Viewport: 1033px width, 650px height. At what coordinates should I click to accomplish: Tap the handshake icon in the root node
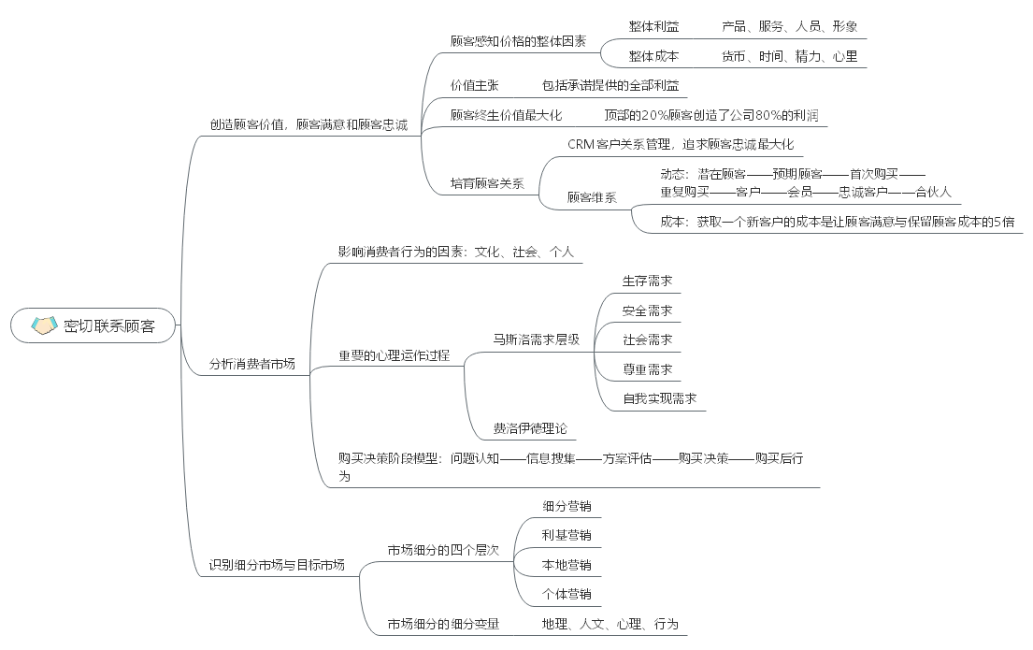[44, 325]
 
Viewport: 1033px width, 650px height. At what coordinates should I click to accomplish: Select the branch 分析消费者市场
[251, 364]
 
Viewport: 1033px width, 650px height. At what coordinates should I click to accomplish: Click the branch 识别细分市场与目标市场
[276, 564]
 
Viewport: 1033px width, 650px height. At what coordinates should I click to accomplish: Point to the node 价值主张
[474, 85]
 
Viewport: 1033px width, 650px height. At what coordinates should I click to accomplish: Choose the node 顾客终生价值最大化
[506, 115]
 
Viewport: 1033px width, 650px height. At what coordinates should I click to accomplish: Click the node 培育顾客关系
[487, 183]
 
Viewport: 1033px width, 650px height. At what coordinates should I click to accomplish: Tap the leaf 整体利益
[653, 26]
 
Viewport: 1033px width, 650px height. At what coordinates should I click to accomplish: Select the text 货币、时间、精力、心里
[789, 56]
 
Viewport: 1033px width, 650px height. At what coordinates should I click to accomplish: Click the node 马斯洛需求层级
[537, 339]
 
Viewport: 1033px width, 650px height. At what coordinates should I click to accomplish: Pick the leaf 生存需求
[647, 281]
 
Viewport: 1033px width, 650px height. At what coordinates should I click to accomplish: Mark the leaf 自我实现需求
[659, 398]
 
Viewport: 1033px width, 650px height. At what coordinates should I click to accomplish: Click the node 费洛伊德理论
[530, 428]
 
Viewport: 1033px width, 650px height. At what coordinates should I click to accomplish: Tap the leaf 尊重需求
[647, 368]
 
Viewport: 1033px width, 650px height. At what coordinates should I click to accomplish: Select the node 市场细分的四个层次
[443, 549]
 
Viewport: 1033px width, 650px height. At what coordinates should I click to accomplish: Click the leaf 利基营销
[567, 535]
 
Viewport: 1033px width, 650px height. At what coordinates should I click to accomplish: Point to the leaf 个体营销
[567, 594]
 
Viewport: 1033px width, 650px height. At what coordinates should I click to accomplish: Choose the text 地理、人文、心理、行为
[610, 624]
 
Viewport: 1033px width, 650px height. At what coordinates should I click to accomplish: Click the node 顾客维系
[592, 197]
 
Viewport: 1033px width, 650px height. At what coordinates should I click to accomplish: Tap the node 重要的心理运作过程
[394, 355]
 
